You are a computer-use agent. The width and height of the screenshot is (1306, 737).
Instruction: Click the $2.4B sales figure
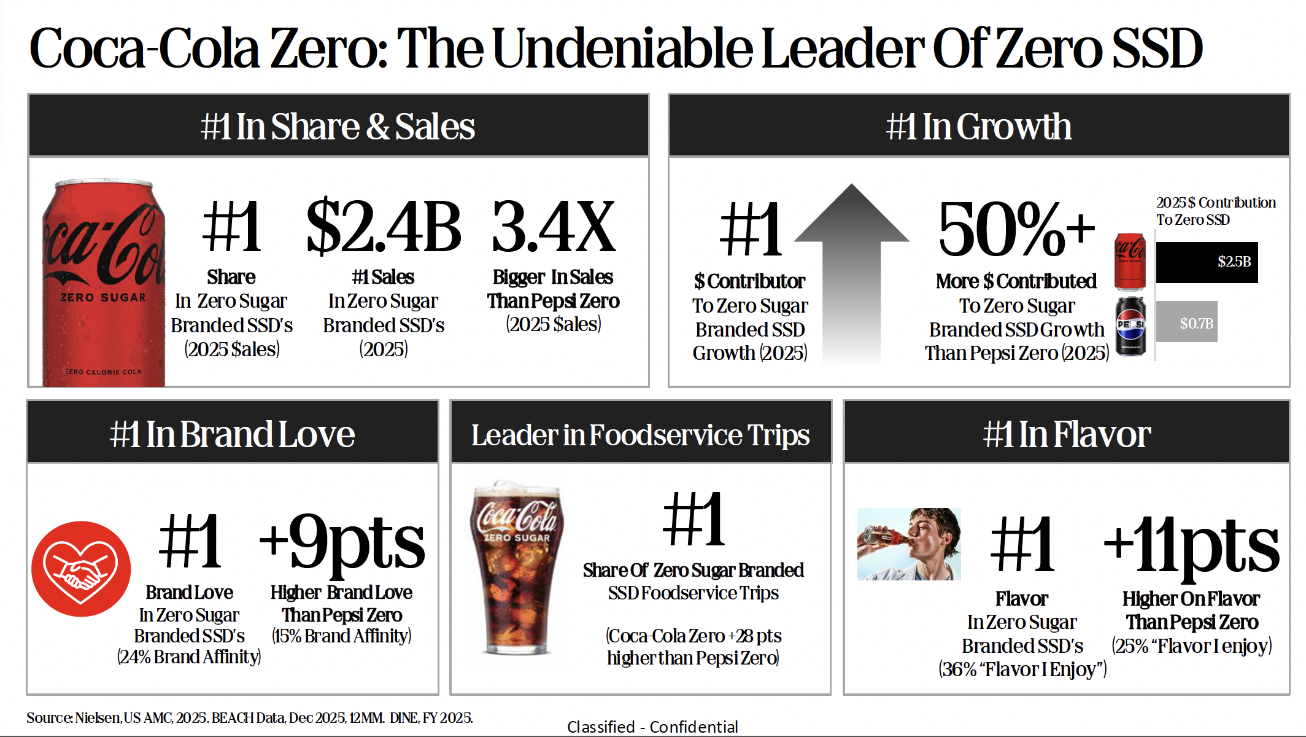tap(384, 227)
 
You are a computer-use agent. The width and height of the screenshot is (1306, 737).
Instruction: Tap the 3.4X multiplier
tap(554, 227)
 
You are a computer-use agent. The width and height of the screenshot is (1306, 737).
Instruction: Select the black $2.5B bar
tap(1207, 262)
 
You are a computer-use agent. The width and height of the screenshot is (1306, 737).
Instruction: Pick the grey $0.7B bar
tap(1186, 322)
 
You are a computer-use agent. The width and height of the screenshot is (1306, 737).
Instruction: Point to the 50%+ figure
tap(1016, 229)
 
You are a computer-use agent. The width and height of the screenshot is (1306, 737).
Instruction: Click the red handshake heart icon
tap(81, 569)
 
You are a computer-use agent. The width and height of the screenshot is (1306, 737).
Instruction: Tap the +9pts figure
tap(342, 544)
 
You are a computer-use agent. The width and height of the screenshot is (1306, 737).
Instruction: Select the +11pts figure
tap(1191, 547)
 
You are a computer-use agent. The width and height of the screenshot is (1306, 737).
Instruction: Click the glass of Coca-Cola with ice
tap(517, 568)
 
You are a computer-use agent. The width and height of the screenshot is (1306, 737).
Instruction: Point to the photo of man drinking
tap(909, 544)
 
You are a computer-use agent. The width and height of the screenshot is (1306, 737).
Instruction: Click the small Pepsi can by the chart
tap(1130, 326)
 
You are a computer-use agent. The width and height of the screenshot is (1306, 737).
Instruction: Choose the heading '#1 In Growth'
tap(979, 127)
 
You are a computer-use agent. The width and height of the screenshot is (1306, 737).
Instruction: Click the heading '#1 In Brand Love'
tap(232, 434)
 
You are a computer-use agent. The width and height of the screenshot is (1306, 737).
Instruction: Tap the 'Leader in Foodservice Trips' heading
tap(640, 435)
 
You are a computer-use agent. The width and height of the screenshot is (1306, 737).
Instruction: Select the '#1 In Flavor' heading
tap(1067, 434)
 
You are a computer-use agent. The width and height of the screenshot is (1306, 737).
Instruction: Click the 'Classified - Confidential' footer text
tap(652, 727)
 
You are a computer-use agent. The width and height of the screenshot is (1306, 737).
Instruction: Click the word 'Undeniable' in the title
tap(622, 48)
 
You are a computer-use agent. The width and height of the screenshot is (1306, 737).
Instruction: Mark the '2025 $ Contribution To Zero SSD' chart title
tap(1216, 211)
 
